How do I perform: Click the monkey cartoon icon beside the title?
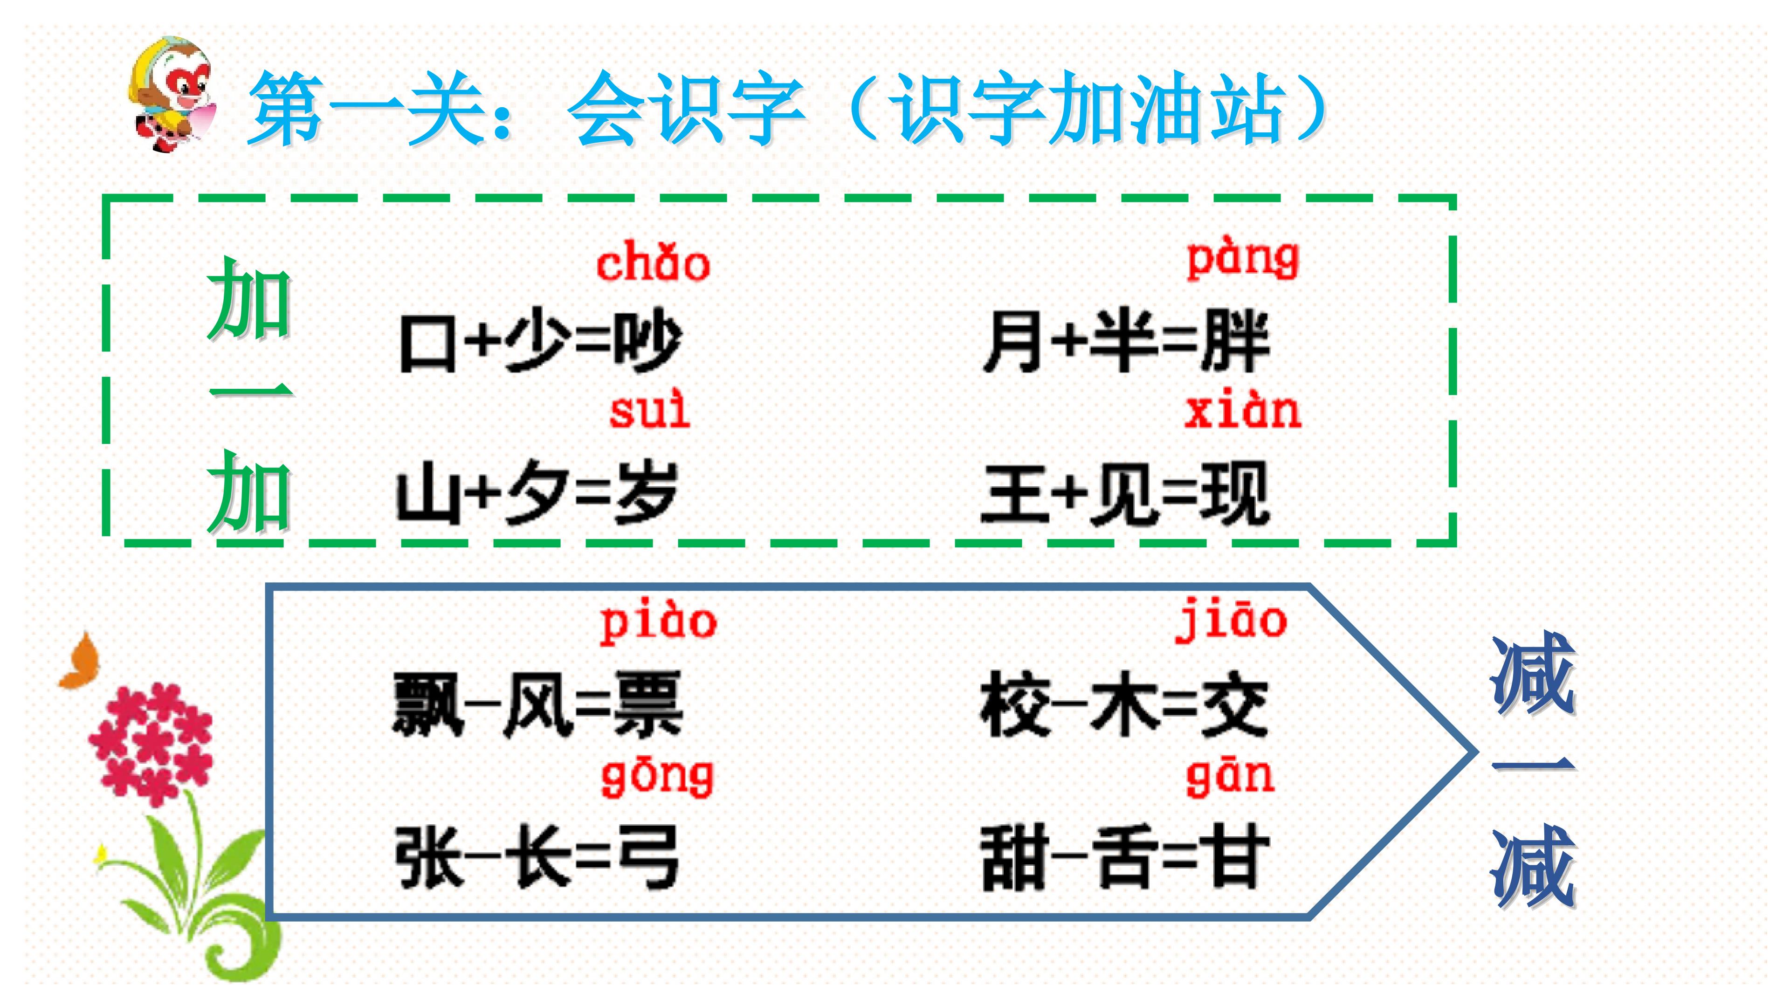tap(172, 94)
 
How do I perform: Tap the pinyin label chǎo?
tap(653, 262)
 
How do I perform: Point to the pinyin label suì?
tap(650, 410)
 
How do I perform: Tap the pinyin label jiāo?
tap(1231, 620)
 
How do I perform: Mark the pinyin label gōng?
tap(657, 778)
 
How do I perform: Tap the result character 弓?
tap(647, 857)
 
